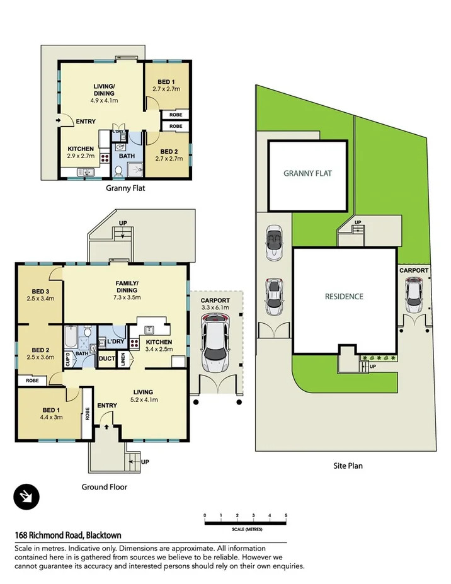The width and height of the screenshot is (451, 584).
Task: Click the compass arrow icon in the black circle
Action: [x=26, y=497]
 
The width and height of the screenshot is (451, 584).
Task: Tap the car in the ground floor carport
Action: [x=216, y=343]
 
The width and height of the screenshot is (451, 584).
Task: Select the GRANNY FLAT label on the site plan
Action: [x=307, y=174]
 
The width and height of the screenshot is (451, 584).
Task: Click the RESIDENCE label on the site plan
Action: [x=344, y=296]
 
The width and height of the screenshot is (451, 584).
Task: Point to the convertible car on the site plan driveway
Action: [x=274, y=242]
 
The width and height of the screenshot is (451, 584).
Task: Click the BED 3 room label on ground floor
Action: [x=40, y=294]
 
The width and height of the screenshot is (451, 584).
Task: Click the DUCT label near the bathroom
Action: [x=106, y=359]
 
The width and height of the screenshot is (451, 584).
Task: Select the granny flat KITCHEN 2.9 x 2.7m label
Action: [x=81, y=152]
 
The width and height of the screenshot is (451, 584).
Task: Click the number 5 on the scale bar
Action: [x=286, y=515]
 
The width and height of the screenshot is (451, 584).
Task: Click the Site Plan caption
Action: [x=348, y=466]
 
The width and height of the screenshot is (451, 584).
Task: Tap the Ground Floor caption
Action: [x=105, y=486]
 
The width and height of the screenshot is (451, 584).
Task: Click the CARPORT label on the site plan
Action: [x=414, y=270]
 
